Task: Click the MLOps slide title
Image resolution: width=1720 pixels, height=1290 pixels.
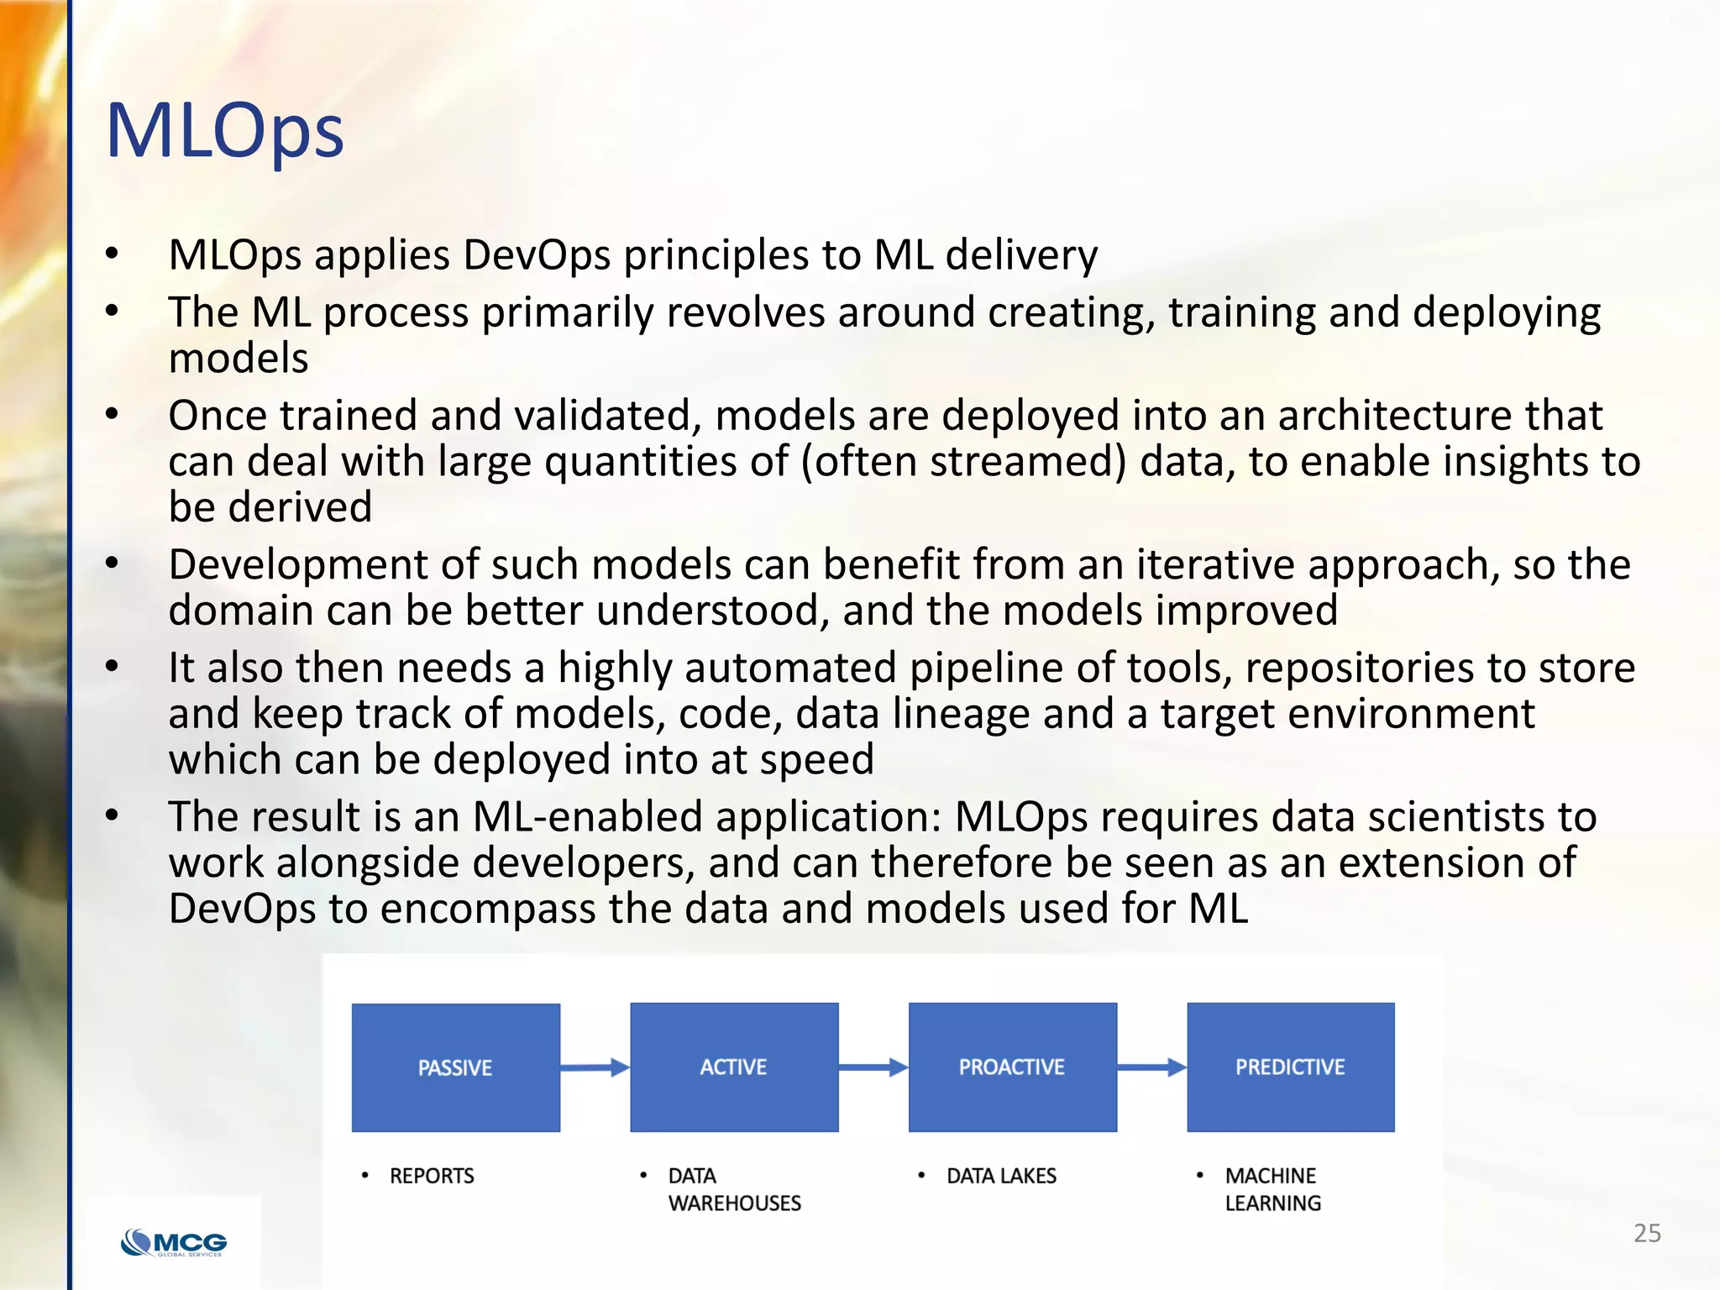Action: (225, 131)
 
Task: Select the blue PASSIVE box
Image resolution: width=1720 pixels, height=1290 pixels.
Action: (455, 1067)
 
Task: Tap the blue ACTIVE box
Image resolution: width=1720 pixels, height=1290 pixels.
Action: (734, 1067)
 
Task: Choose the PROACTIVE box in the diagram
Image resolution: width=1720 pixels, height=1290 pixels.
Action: (1012, 1067)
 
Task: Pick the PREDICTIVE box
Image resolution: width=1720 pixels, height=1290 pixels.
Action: (1290, 1067)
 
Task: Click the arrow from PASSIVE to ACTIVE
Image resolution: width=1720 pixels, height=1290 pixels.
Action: (595, 1067)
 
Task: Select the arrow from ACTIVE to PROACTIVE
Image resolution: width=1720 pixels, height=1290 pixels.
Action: (873, 1067)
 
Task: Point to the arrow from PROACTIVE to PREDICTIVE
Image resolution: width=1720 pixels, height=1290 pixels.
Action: (1151, 1067)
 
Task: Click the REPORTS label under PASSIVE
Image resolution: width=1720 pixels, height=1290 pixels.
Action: (432, 1176)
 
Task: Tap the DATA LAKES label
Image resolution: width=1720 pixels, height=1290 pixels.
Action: (1001, 1176)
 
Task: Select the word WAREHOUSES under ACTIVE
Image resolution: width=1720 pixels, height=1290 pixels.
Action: (735, 1203)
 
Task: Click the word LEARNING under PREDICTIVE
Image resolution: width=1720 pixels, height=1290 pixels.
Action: (1272, 1203)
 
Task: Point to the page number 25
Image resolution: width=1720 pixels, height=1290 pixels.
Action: (1647, 1233)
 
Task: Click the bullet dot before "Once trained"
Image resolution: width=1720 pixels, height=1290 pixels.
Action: (113, 413)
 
